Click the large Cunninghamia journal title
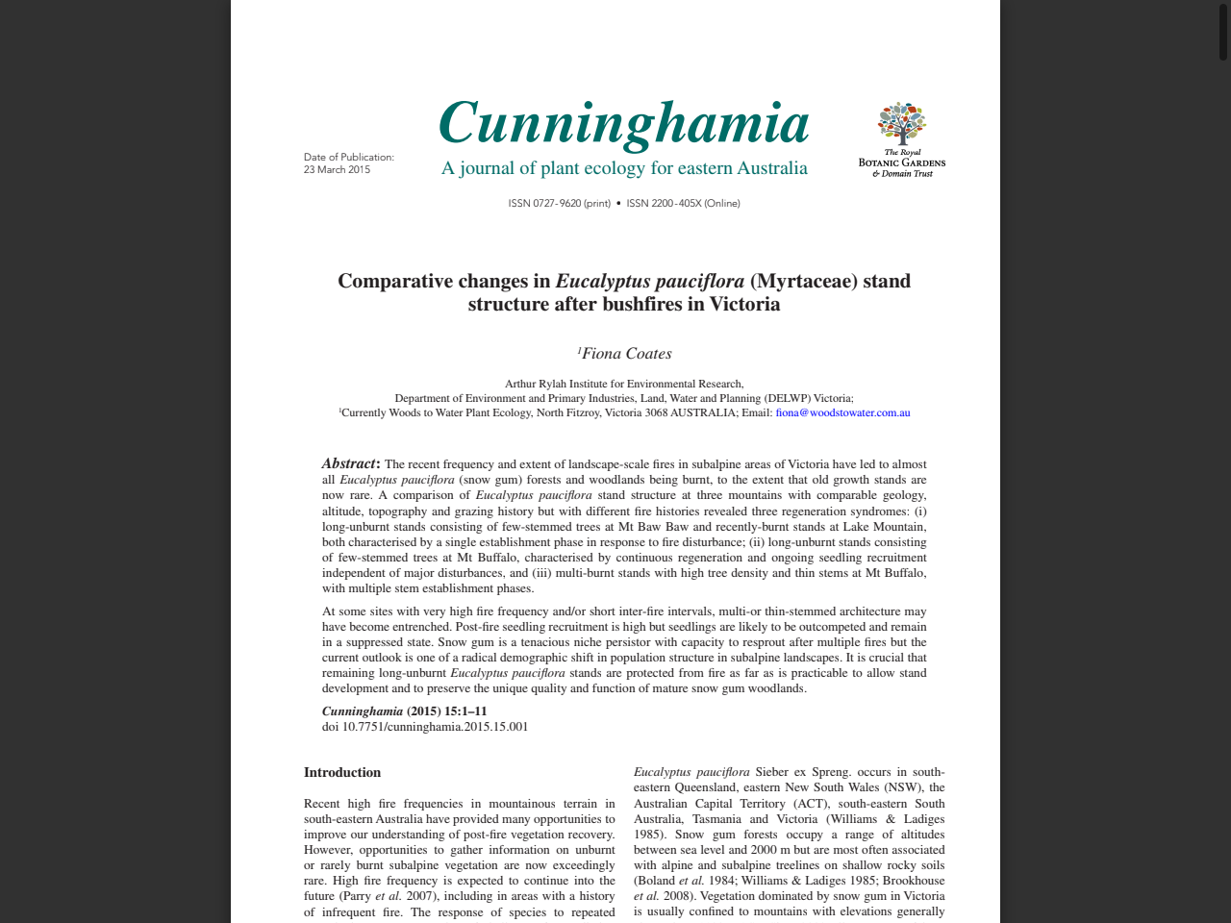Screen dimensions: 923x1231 coord(624,124)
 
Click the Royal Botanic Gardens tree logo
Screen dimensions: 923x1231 coord(901,123)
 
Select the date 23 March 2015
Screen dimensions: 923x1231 coord(337,170)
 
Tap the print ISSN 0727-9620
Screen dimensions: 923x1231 coord(559,204)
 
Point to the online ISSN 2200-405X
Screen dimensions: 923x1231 coord(683,204)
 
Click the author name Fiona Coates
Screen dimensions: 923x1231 coord(626,354)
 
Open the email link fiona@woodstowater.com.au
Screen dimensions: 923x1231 coord(842,413)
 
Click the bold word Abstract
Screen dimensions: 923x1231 coord(350,464)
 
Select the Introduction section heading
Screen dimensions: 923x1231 coord(342,773)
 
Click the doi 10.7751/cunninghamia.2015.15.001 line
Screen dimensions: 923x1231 coord(425,727)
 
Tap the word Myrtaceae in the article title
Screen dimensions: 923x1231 coord(803,282)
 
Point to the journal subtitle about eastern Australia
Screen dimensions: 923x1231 coord(624,169)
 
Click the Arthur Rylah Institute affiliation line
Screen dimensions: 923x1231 coord(624,384)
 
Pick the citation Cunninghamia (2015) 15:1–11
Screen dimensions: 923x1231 coord(404,711)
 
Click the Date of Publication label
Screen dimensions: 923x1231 coord(349,158)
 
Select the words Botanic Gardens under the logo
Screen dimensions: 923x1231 coord(902,162)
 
